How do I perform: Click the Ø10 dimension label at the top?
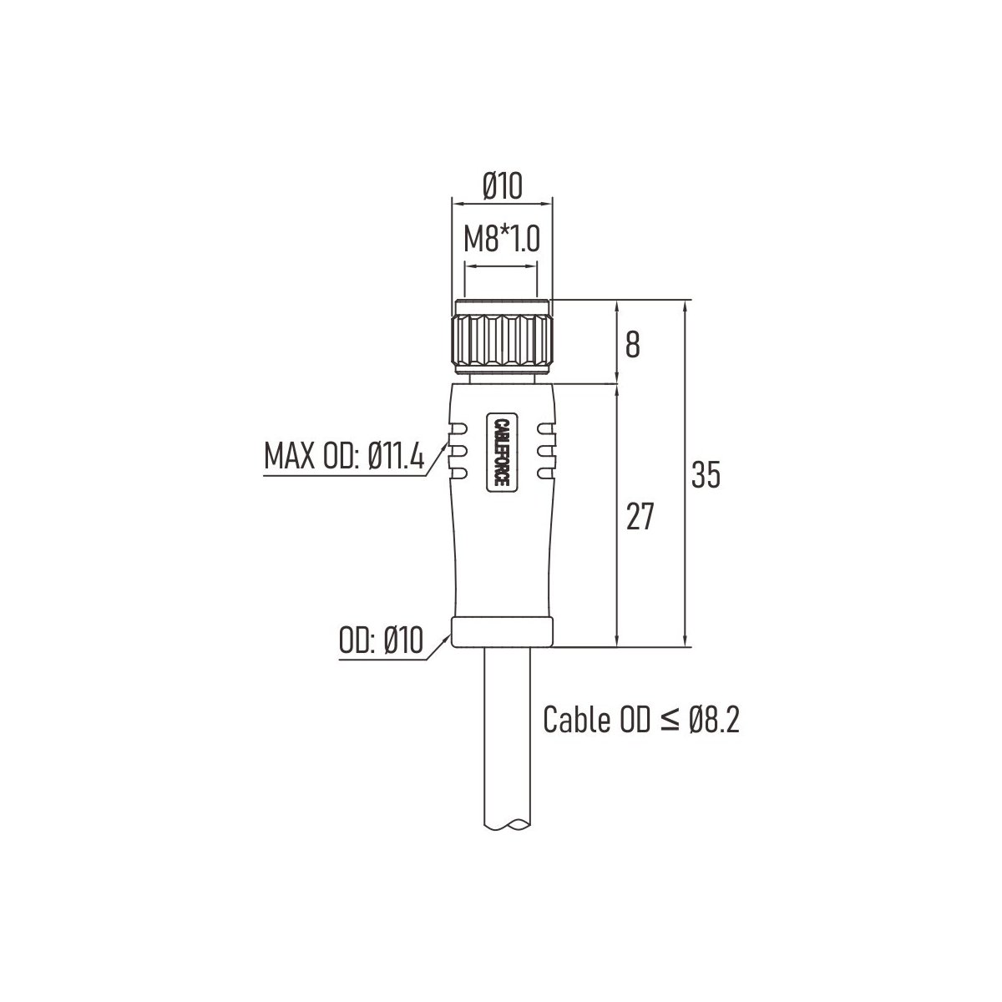(502, 186)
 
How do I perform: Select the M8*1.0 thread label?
(502, 239)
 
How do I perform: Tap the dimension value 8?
(632, 344)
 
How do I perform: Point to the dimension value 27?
(640, 517)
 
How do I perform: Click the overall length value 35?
(706, 474)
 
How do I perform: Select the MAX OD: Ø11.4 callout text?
(344, 456)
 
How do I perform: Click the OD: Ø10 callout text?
(381, 640)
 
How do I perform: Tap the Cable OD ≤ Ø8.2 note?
(641, 720)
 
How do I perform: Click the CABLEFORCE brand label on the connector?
(501, 453)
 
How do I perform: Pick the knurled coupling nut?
(503, 337)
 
